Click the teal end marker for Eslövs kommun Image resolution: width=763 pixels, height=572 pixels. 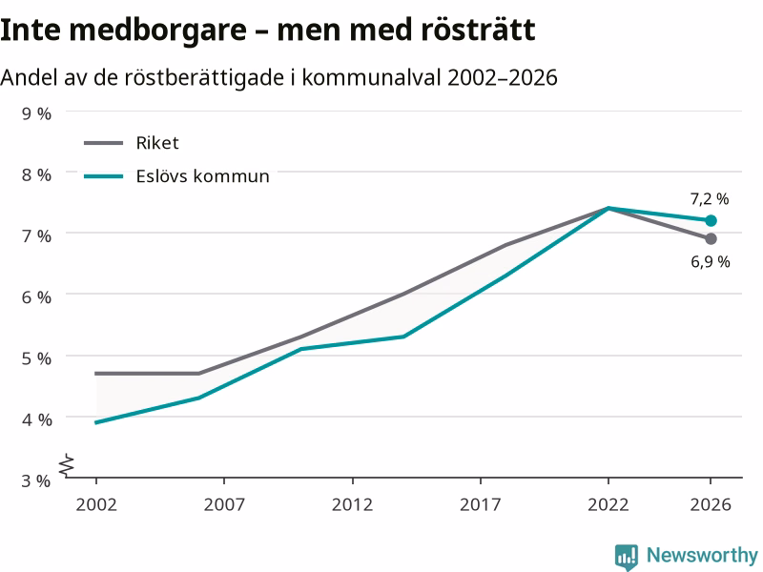[x=711, y=221]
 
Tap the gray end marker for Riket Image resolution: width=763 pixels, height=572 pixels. [x=711, y=239]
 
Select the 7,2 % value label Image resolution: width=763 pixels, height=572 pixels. [x=710, y=199]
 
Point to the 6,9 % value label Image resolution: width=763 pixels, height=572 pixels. [x=711, y=261]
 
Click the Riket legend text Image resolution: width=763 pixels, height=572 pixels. [x=157, y=143]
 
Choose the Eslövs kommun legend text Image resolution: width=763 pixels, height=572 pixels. [x=202, y=176]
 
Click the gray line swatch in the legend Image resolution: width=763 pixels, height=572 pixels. [x=104, y=143]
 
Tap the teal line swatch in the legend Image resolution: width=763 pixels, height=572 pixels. [x=104, y=176]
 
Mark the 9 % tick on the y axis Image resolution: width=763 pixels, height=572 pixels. [x=36, y=113]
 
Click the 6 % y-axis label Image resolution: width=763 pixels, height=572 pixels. [x=36, y=296]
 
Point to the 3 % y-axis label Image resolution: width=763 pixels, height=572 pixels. [x=36, y=480]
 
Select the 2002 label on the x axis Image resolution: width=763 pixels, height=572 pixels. [x=96, y=504]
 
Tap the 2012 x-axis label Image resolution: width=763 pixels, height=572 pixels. [x=352, y=504]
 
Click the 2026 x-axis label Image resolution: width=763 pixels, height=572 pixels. [x=711, y=504]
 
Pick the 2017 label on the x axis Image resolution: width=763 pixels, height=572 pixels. [x=481, y=504]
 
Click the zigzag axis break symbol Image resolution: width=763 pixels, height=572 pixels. [x=67, y=464]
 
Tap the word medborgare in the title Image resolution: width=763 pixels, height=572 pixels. [x=157, y=31]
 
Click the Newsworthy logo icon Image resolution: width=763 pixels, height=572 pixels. [x=627, y=557]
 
